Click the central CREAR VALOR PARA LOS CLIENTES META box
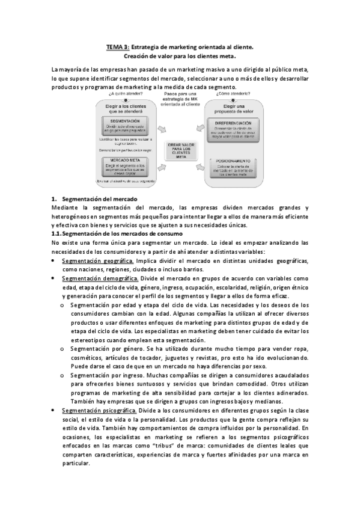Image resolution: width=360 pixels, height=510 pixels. [x=185, y=149]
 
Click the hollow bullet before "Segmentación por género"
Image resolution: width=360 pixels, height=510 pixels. [x=64, y=348]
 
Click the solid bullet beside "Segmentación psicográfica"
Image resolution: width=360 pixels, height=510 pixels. [x=53, y=410]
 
